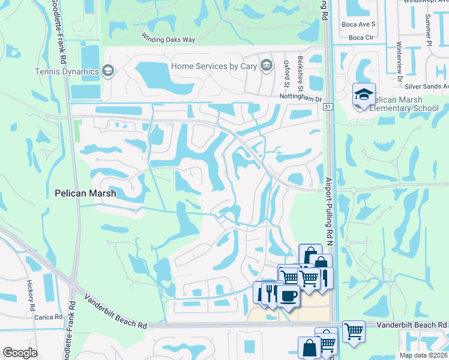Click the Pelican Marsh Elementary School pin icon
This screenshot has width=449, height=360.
(364, 95)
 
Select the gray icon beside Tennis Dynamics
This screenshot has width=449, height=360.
(108, 72)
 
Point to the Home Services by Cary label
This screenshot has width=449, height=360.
(213, 66)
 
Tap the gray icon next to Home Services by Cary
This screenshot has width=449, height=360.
(265, 65)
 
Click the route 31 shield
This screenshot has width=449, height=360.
(327, 106)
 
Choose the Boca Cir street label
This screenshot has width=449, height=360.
(361, 37)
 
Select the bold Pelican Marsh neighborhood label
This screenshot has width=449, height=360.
(85, 194)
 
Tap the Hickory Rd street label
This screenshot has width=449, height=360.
(30, 295)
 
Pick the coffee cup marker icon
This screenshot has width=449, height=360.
(289, 296)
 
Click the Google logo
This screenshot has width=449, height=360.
(20, 353)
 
